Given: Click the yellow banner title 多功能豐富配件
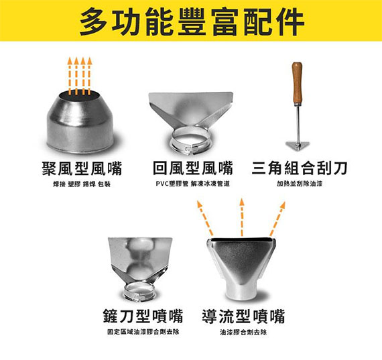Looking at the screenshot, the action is pos(192,21).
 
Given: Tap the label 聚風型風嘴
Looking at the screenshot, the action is pos(82,168).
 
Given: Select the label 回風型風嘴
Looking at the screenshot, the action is pos(193,168).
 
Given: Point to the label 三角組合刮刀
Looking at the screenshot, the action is pos(300,168).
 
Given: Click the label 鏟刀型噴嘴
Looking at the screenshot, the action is pos(143,316).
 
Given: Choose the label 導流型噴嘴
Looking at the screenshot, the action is pos(243,316).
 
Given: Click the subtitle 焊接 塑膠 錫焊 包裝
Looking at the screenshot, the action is pos(82,184).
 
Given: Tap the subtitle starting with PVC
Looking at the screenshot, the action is pos(193,184).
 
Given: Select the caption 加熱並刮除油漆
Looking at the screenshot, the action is pos(300,184).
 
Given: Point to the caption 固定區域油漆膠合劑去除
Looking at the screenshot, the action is pos(143,332).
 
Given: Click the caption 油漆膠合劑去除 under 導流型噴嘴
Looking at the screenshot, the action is pos(243,332).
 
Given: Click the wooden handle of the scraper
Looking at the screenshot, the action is pos(297,83).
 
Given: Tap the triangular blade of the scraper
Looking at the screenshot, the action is pos(297,145).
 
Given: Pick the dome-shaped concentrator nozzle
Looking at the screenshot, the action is pos(80,123).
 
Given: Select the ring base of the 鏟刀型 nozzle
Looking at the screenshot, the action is pos(139,291).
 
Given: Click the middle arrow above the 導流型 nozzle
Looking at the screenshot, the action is pos(242,217).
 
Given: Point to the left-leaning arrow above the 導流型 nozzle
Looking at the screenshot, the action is pos(205,218).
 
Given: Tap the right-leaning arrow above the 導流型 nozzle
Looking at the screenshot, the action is pos(277,219).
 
